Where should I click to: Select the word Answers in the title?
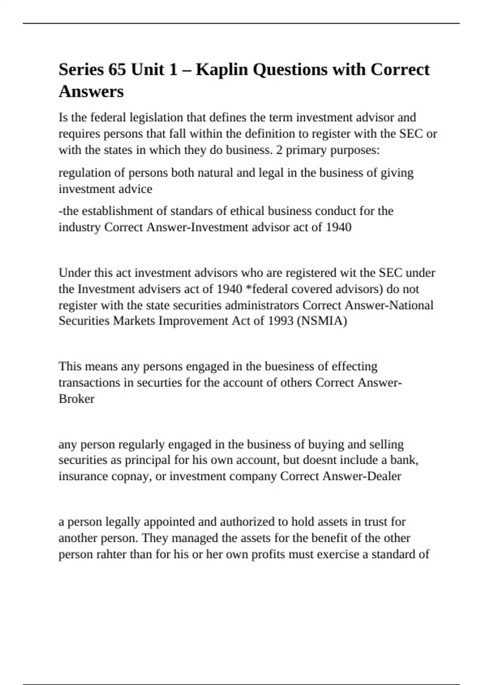[x=91, y=91]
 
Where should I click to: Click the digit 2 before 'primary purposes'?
[x=279, y=150]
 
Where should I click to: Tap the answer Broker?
[x=76, y=399]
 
